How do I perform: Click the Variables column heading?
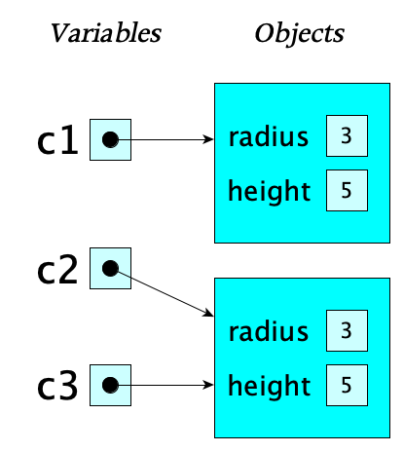[105, 34]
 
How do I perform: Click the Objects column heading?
[299, 34]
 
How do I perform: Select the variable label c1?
[56, 140]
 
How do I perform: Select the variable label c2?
[56, 269]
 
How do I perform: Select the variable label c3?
[56, 386]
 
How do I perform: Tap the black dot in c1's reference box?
[110, 140]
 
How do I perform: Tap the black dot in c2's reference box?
[110, 267]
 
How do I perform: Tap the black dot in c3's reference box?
[110, 385]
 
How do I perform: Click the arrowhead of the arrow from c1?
[208, 140]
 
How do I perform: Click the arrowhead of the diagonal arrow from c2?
[208, 313]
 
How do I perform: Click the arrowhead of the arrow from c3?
[208, 385]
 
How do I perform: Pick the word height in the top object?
[269, 191]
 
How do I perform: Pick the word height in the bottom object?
[269, 385]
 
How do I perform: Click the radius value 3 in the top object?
[347, 137]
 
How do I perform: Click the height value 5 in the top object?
[347, 191]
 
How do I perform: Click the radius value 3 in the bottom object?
[347, 332]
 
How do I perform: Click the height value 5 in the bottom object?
[347, 385]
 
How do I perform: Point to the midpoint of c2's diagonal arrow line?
[162, 290]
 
